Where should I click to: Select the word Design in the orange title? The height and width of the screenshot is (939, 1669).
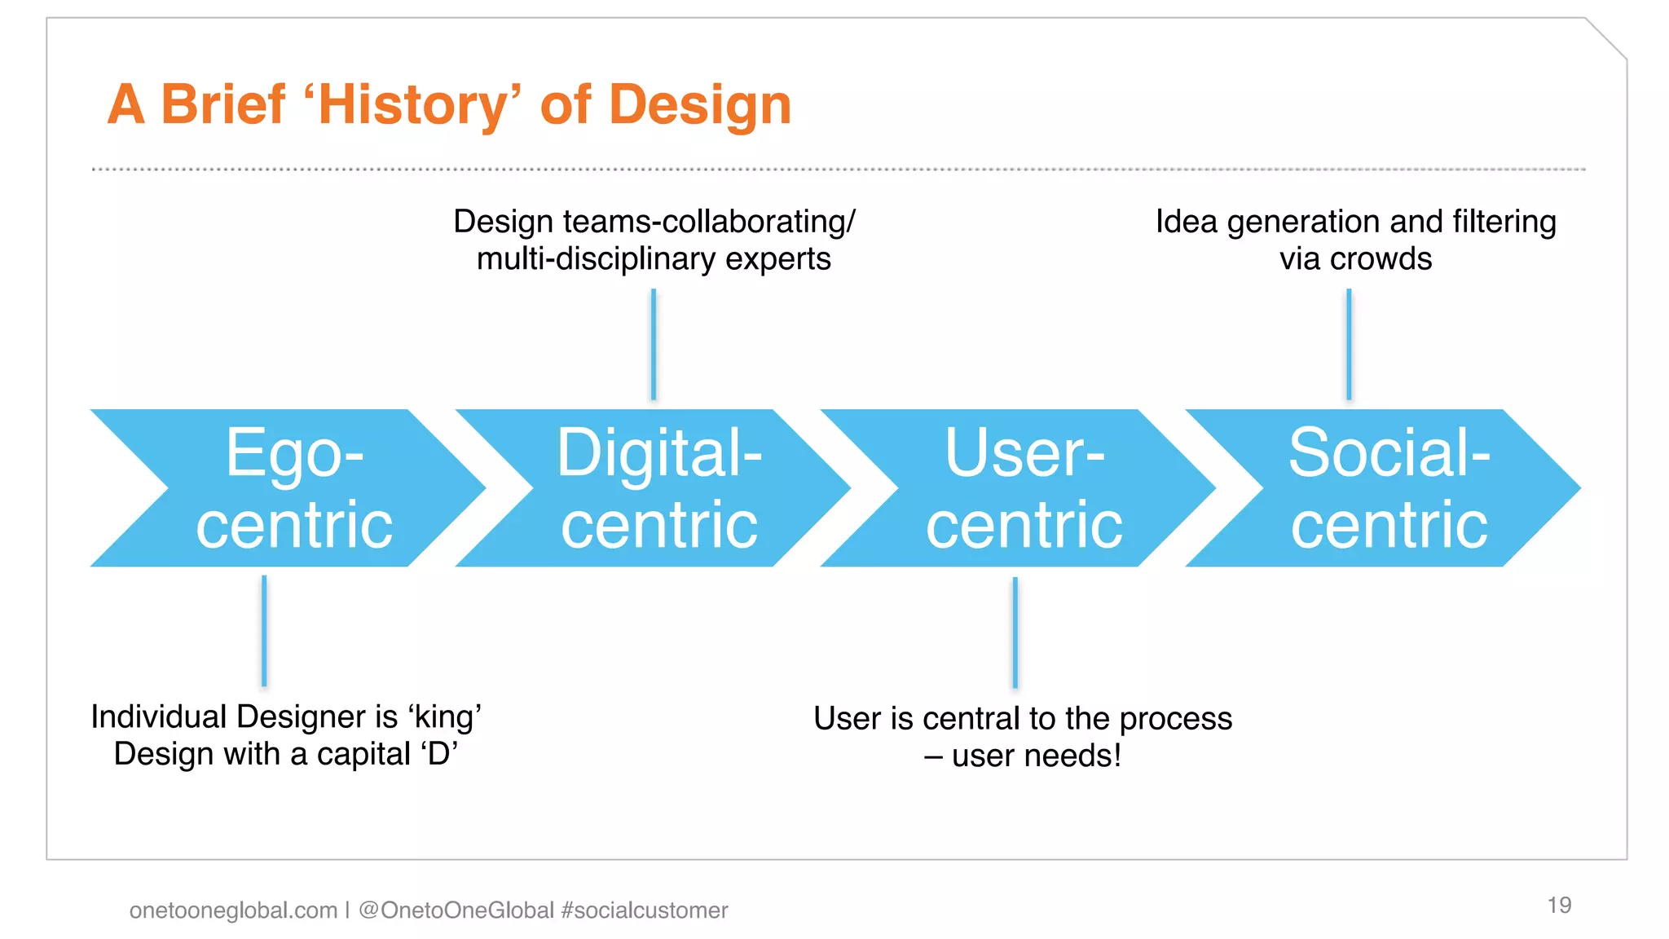point(700,105)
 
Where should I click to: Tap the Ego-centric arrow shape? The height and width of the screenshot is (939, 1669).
point(293,488)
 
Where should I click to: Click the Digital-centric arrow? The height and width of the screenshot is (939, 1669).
point(658,488)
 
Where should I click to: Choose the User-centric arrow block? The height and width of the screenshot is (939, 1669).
point(1024,488)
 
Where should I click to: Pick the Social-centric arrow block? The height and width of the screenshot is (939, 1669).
point(1389,488)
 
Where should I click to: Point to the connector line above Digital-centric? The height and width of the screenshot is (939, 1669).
point(654,344)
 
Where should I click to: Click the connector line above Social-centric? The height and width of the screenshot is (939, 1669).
point(1349,344)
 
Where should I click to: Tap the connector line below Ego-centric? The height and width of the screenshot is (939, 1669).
point(264,631)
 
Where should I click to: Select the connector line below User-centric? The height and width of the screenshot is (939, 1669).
point(1015,633)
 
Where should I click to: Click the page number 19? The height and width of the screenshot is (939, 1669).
point(1559,905)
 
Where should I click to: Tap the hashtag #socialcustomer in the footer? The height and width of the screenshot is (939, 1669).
point(645,910)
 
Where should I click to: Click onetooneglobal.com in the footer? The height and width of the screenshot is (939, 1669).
point(233,910)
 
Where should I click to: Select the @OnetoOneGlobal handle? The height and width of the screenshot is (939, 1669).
point(456,910)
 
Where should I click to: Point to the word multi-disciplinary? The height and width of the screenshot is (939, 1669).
point(596,259)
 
